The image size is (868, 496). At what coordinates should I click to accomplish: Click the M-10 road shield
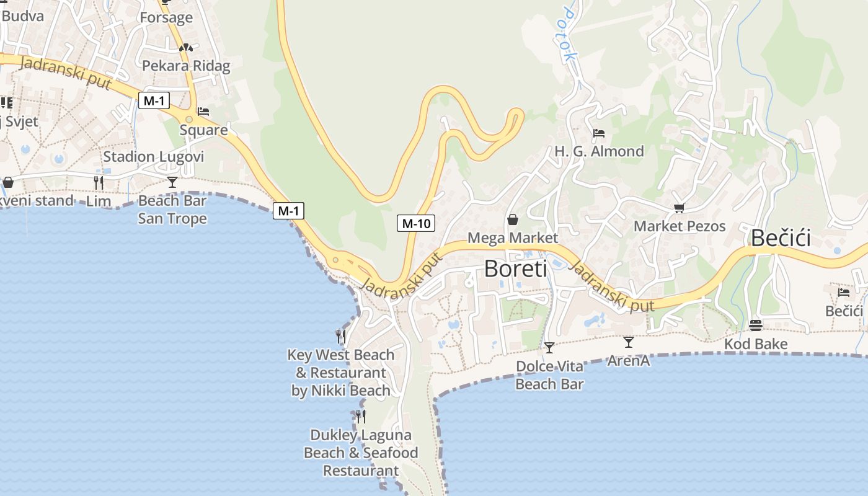(x=416, y=223)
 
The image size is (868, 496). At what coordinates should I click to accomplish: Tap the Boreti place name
(x=515, y=268)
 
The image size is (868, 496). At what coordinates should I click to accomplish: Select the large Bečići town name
(x=781, y=238)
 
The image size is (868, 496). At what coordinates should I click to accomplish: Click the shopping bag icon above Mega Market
(x=513, y=219)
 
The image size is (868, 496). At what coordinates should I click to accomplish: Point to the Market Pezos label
(x=680, y=226)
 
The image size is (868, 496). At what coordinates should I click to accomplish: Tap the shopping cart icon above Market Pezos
(x=680, y=208)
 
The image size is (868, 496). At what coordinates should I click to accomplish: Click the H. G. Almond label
(x=599, y=151)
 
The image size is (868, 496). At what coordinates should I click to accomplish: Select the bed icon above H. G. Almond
(x=599, y=133)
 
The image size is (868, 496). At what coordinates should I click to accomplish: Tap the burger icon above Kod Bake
(x=755, y=325)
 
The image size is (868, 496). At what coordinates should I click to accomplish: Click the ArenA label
(x=629, y=360)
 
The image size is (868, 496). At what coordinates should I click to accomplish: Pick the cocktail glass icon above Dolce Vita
(x=549, y=347)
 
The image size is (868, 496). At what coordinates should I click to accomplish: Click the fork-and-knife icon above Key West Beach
(x=341, y=337)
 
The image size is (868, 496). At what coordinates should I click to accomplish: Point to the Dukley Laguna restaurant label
(x=361, y=453)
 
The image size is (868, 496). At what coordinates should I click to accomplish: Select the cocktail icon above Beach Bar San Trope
(x=172, y=182)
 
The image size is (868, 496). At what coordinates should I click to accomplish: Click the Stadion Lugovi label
(x=153, y=156)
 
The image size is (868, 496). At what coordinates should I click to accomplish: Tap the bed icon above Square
(x=203, y=112)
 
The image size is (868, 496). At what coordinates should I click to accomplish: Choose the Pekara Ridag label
(x=186, y=66)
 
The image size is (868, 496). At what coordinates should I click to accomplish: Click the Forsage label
(x=166, y=17)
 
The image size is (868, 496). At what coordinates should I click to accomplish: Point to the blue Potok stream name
(x=569, y=34)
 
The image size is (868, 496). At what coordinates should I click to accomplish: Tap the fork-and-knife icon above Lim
(x=99, y=182)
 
